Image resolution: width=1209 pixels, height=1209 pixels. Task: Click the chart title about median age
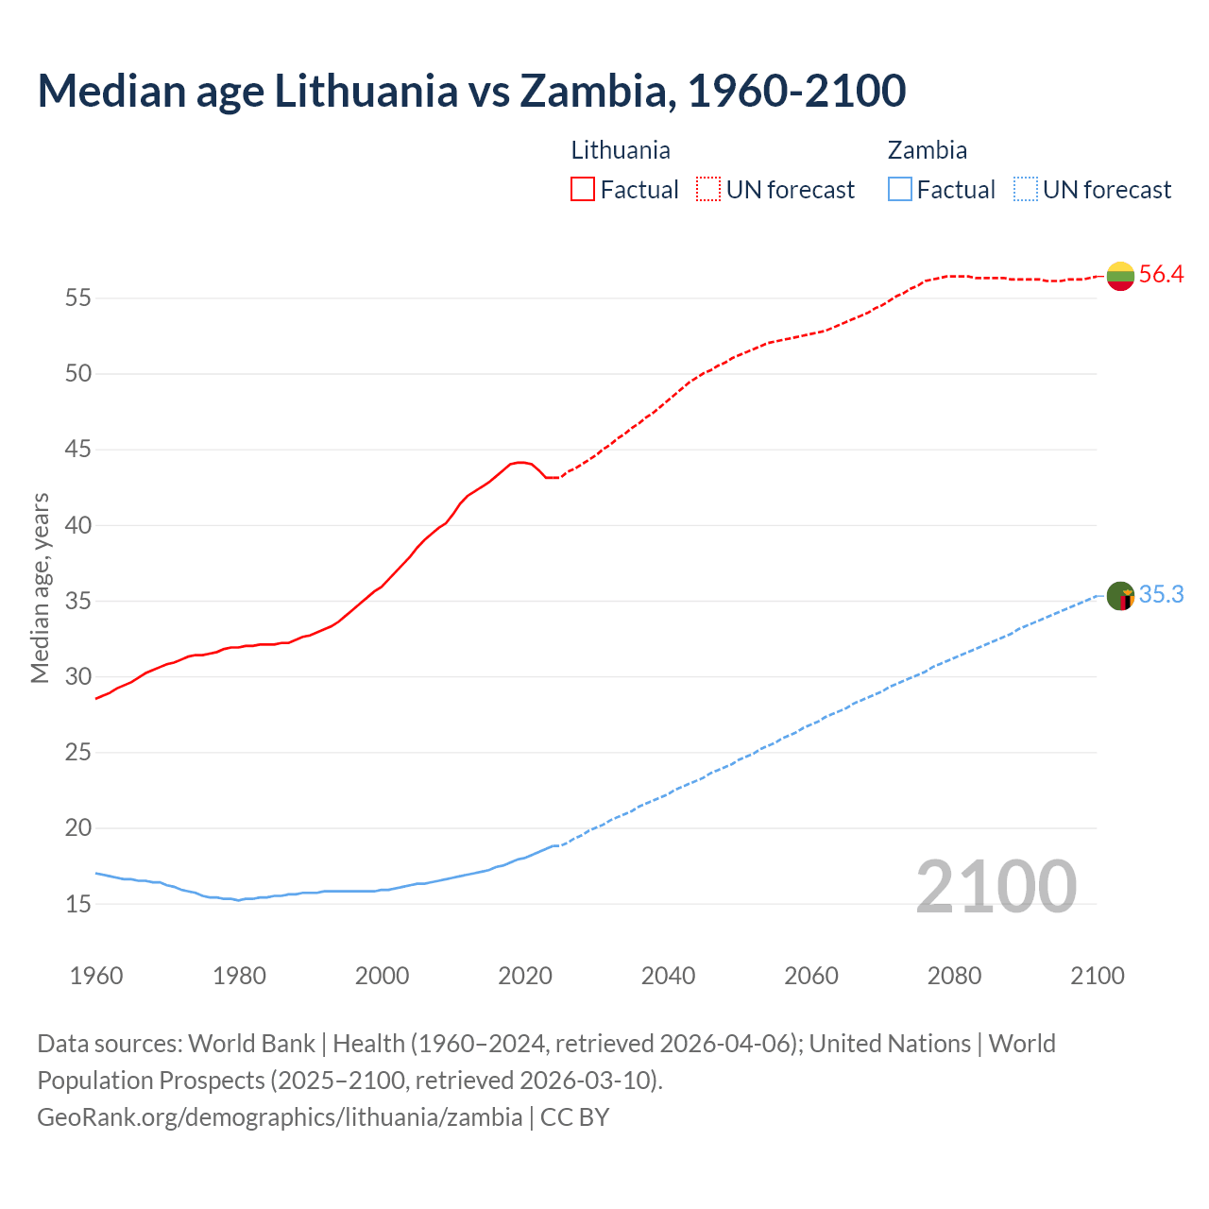[471, 91]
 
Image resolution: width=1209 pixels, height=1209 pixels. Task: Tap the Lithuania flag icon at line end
[1120, 276]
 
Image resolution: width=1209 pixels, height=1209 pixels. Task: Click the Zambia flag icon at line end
[1120, 596]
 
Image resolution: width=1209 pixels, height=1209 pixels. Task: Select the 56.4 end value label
[1161, 275]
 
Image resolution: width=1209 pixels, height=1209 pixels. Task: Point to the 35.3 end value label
[1161, 595]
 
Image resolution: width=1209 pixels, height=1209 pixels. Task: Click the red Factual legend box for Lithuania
[583, 190]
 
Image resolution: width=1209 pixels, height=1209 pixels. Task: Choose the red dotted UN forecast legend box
[708, 190]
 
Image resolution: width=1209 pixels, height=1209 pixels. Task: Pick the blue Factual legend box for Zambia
[900, 190]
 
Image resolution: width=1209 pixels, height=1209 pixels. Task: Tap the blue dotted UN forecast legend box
[1026, 190]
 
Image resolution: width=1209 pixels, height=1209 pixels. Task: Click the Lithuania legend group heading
[621, 150]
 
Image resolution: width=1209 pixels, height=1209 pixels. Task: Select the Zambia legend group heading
[927, 150]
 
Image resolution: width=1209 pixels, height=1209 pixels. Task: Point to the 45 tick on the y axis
[78, 450]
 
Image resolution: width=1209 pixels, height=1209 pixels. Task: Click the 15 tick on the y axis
[78, 905]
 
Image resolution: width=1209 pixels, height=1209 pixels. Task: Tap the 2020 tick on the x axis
[525, 976]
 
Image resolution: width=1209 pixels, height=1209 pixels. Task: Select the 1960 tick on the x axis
[96, 976]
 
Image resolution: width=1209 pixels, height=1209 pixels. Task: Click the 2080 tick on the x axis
[954, 976]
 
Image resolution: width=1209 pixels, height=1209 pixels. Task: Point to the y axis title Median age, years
[40, 587]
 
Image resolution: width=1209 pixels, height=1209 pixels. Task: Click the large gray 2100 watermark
[996, 886]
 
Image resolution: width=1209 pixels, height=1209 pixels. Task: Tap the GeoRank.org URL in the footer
[280, 1117]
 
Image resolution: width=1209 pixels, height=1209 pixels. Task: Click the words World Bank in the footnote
[251, 1044]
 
